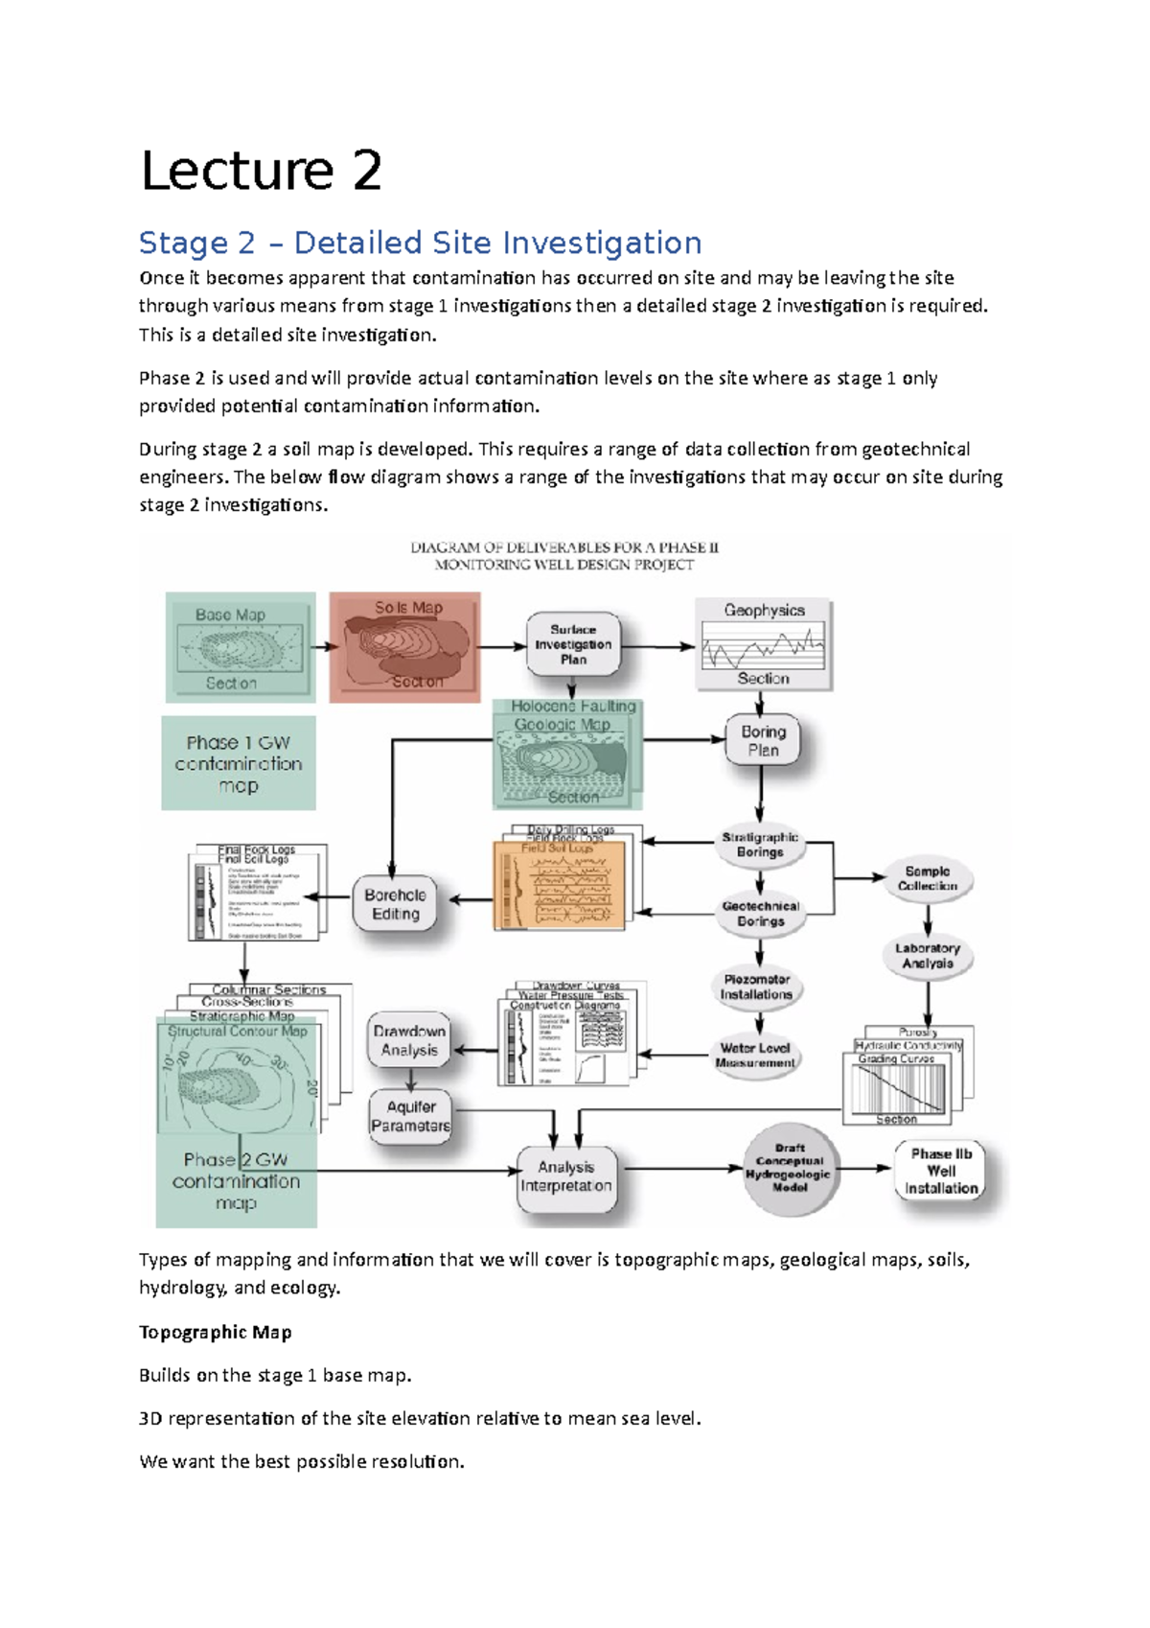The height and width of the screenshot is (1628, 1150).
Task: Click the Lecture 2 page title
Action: click(x=261, y=171)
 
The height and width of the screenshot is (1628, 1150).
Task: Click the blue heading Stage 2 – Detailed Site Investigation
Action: click(x=420, y=244)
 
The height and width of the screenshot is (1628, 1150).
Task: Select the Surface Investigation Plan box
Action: click(x=573, y=644)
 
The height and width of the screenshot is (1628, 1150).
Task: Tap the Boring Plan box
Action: click(x=763, y=741)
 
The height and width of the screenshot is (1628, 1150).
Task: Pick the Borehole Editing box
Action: click(x=395, y=904)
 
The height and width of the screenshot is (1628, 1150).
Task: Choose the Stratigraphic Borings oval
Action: click(x=760, y=845)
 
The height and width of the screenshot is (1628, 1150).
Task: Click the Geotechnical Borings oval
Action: click(x=760, y=914)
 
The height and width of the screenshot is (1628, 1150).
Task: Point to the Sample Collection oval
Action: click(x=927, y=879)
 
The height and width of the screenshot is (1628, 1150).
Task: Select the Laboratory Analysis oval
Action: click(x=927, y=956)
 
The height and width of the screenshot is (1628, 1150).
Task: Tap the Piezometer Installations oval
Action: click(x=757, y=988)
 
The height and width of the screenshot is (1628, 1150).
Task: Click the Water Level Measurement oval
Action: click(x=756, y=1056)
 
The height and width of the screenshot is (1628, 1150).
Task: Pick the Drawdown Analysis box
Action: click(x=409, y=1040)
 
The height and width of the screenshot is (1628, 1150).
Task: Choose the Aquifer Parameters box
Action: click(x=410, y=1116)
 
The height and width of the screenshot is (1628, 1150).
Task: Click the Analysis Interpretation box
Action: click(x=566, y=1177)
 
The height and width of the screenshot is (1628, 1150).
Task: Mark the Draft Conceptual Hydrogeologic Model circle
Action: click(x=790, y=1169)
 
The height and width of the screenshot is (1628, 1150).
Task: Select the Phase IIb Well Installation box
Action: click(x=941, y=1171)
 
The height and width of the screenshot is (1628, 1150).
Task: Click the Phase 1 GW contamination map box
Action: click(x=238, y=764)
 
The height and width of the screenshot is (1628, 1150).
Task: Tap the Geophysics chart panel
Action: click(x=763, y=644)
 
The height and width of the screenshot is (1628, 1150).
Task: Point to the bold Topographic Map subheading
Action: click(x=216, y=1333)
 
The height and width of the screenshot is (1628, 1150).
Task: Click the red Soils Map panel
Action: click(x=405, y=647)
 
